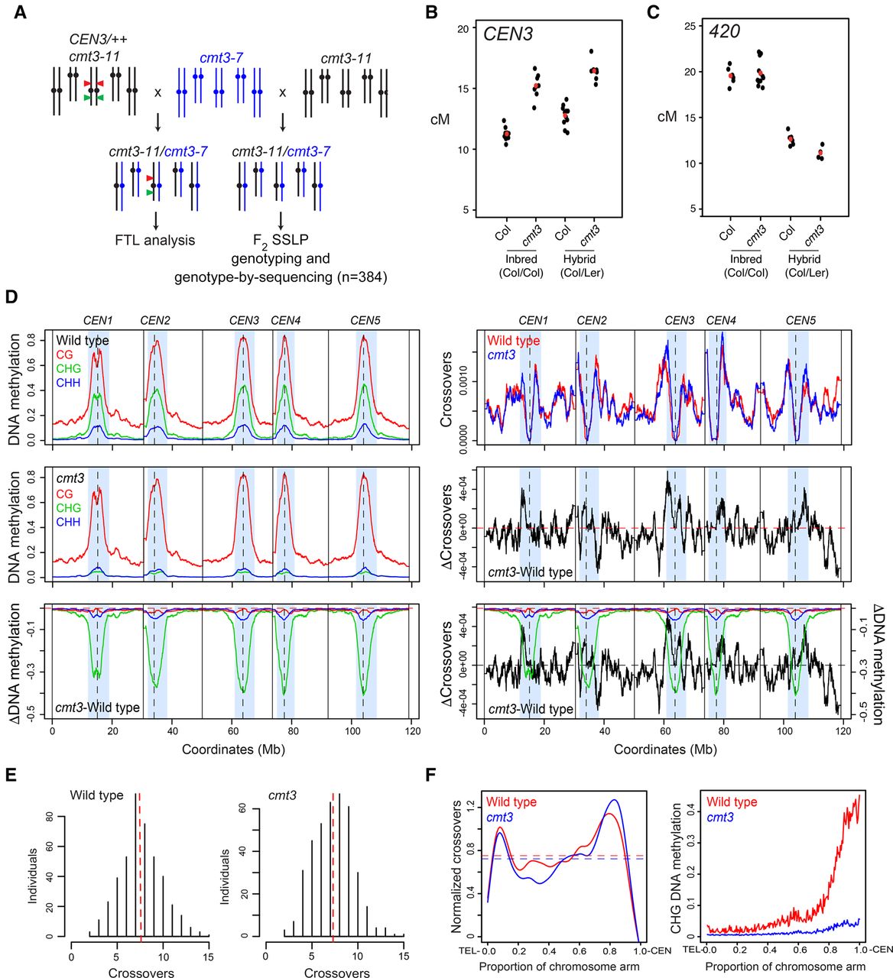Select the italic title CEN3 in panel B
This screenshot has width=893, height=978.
click(508, 34)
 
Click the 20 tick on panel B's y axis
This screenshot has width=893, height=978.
click(463, 29)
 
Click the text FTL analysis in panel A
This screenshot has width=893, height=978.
click(154, 240)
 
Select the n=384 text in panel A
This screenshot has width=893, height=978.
click(362, 277)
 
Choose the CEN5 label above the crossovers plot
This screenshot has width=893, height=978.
click(800, 321)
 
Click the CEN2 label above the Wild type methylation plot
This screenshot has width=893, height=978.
click(155, 321)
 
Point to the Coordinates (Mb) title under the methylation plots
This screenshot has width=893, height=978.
click(233, 749)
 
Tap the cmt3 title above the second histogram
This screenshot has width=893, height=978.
click(282, 795)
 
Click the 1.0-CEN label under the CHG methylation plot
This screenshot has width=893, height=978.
click(875, 949)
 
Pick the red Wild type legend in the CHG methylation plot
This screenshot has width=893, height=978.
click(731, 802)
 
